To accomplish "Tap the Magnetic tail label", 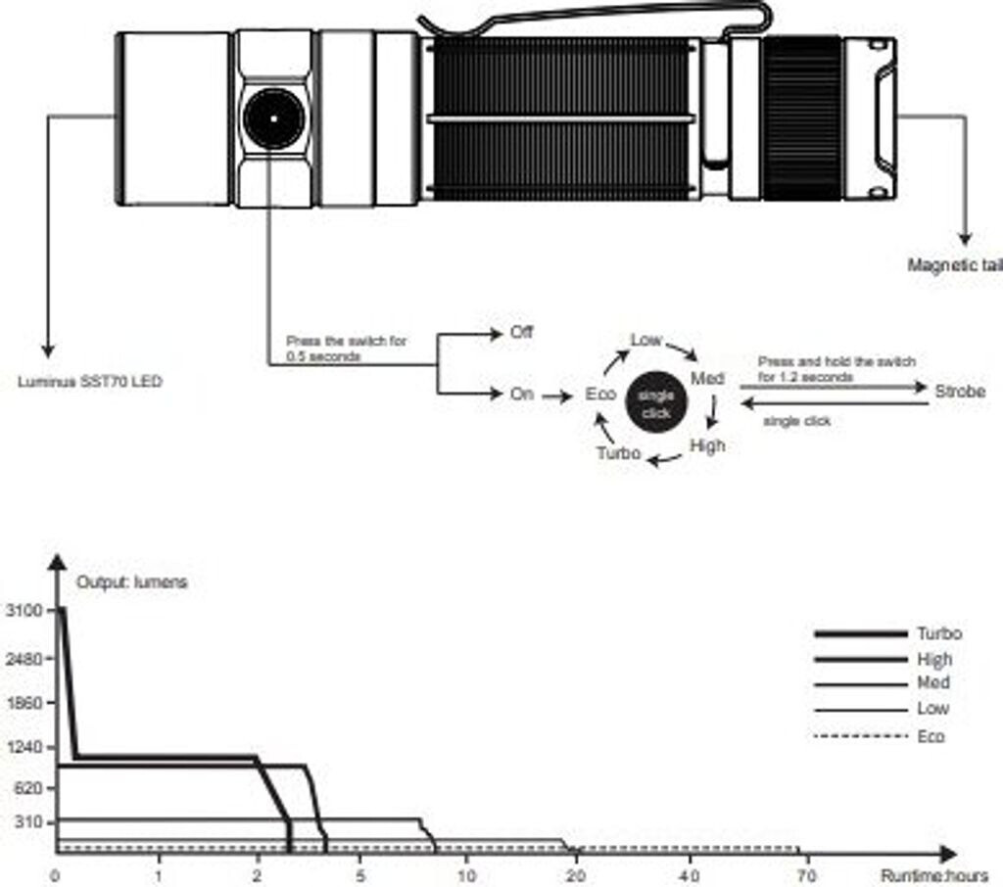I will point(954,265).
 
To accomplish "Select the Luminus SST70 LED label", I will point(90,381).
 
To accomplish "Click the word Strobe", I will point(959,392).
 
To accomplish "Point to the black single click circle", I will point(655,403).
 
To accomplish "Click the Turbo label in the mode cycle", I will point(619,453).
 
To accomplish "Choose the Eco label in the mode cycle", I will point(599,395).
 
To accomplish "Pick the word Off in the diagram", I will point(521,333).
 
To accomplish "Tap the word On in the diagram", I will point(521,395).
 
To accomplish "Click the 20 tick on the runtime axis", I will point(577,874).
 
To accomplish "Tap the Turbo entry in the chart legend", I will point(938,633).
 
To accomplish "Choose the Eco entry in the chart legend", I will point(931,736).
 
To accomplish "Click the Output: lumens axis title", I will point(131,582).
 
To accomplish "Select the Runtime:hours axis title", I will point(933,874).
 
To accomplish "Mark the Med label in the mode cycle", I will point(707,378).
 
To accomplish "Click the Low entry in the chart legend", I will point(932,709).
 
